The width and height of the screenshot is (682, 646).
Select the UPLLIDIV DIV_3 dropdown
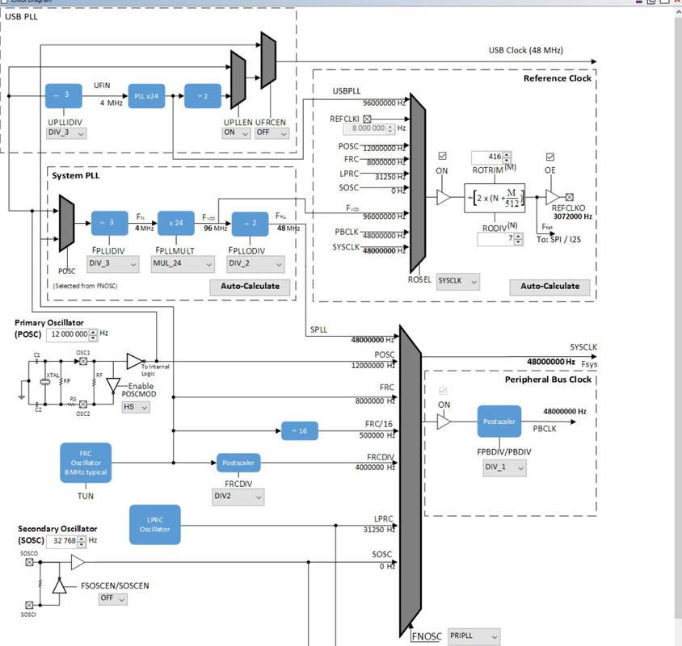point(66,133)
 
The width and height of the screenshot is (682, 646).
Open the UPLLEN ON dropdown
point(236,133)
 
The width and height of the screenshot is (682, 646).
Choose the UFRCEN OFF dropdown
point(273,133)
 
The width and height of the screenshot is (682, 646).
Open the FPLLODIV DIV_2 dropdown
point(257,263)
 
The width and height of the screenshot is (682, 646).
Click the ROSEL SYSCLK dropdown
point(457,281)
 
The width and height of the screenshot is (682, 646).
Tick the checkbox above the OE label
point(550,157)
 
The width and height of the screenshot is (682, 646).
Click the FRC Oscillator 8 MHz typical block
point(86,463)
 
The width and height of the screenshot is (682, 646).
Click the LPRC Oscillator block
point(155,524)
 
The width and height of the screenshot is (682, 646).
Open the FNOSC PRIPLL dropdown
point(473,636)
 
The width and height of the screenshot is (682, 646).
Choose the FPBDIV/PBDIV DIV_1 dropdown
point(504,467)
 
